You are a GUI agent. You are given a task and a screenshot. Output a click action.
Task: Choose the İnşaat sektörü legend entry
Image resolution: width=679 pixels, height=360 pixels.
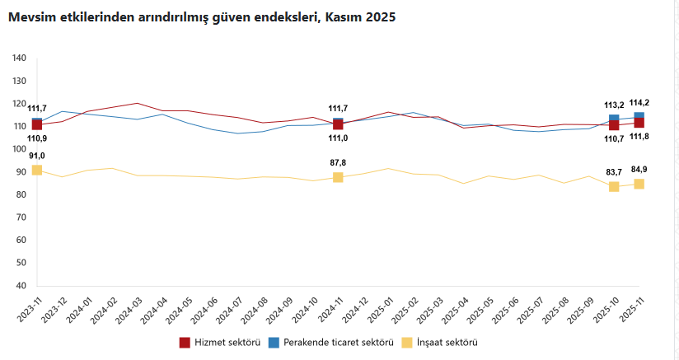[x=440, y=342]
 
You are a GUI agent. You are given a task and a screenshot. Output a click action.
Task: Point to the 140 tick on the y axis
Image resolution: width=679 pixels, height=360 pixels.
[x=20, y=58]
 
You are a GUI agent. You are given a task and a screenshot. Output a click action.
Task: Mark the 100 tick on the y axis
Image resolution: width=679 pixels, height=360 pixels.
[x=20, y=149]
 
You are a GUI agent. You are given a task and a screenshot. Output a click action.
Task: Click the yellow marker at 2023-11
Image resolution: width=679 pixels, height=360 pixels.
[x=37, y=170]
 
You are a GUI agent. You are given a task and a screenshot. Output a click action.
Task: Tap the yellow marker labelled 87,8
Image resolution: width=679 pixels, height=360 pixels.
[x=338, y=177]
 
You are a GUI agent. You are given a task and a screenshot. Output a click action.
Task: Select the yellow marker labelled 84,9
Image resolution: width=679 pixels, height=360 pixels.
[x=639, y=184]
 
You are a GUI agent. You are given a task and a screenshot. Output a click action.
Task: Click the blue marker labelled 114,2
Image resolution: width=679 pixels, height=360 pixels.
[x=639, y=117]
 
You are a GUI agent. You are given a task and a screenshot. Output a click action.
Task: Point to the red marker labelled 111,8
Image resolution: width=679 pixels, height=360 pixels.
[x=639, y=123]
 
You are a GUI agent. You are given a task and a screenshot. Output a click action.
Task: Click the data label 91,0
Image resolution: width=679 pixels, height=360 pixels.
[x=36, y=156]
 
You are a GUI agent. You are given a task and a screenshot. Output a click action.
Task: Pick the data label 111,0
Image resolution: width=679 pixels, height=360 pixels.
[x=338, y=138]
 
